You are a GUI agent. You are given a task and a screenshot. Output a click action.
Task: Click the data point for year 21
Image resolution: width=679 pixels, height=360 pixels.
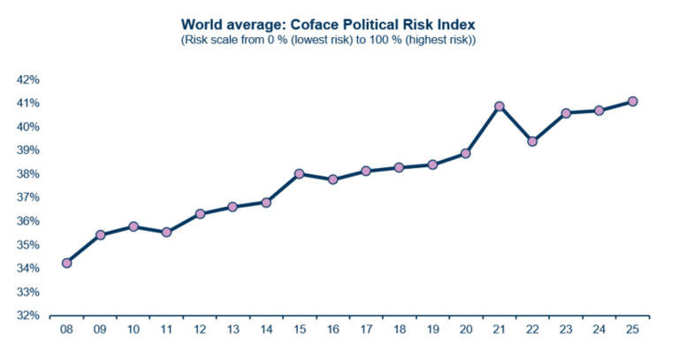pyautogui.click(x=500, y=106)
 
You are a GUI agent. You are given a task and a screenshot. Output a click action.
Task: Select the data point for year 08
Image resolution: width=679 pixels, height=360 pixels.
pyautogui.click(x=66, y=263)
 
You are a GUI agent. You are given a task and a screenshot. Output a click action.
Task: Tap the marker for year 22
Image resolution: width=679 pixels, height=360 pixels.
pyautogui.click(x=533, y=142)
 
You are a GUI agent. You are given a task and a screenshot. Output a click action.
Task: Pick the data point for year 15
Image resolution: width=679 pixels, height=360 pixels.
pyautogui.click(x=300, y=173)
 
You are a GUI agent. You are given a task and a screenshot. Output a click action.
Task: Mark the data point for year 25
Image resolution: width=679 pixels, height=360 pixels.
pyautogui.click(x=633, y=102)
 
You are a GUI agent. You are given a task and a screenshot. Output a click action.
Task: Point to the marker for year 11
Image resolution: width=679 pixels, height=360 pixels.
pyautogui.click(x=166, y=232)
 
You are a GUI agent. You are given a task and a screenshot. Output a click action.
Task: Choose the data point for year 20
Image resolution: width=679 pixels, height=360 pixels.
pyautogui.click(x=466, y=153)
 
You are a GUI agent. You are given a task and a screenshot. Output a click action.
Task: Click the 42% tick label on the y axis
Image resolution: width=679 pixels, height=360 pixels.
pyautogui.click(x=28, y=80)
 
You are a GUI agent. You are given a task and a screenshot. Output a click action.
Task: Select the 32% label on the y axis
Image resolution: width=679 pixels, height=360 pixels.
pyautogui.click(x=28, y=316)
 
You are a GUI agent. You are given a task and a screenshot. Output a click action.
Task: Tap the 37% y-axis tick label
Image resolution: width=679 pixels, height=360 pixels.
pyautogui.click(x=28, y=197)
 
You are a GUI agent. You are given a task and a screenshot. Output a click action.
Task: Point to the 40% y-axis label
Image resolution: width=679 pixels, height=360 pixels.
pyautogui.click(x=28, y=126)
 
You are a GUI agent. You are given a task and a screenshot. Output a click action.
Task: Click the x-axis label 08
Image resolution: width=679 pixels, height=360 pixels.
pyautogui.click(x=66, y=330)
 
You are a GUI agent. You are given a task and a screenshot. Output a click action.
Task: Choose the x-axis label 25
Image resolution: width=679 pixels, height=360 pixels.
pyautogui.click(x=633, y=330)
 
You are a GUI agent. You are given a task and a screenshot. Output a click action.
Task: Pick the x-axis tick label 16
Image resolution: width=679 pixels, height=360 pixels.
pyautogui.click(x=333, y=330)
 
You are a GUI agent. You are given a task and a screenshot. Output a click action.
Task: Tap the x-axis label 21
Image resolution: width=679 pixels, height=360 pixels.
pyautogui.click(x=500, y=330)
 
